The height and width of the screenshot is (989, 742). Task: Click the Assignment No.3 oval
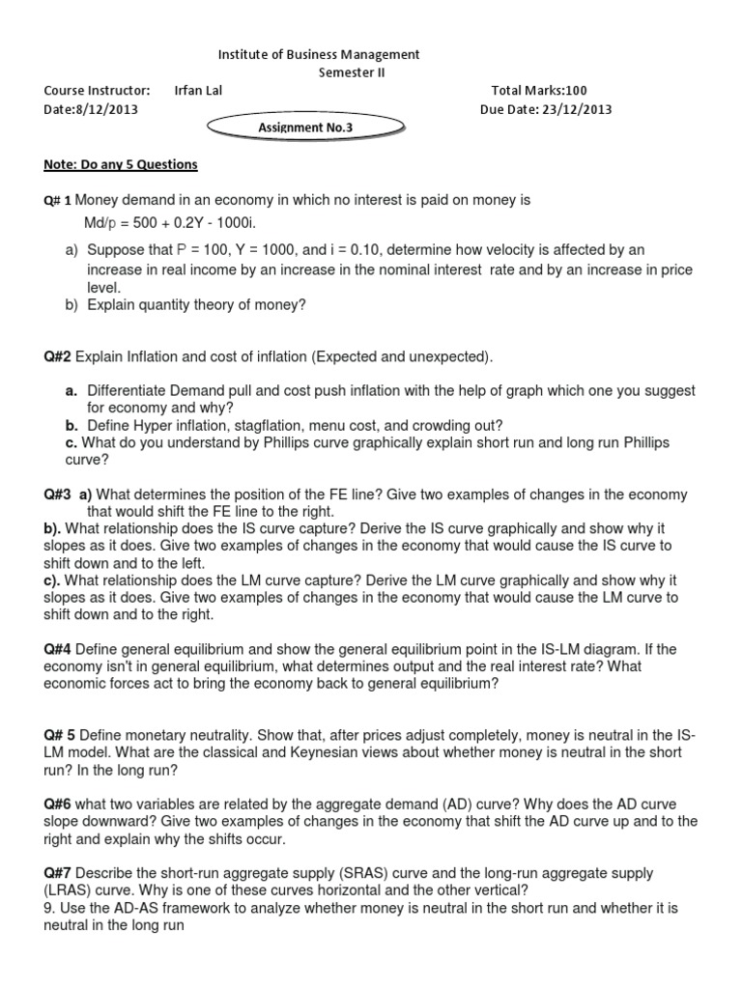305,127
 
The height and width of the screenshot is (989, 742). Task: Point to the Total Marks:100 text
539,91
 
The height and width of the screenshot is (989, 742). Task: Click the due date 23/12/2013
576,109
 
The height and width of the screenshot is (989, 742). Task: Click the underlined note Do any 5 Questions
121,164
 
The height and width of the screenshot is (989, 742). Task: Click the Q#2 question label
57,357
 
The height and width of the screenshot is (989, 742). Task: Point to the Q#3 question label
57,494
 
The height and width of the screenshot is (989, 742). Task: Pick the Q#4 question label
57,649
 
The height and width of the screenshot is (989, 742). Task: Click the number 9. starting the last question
49,908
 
